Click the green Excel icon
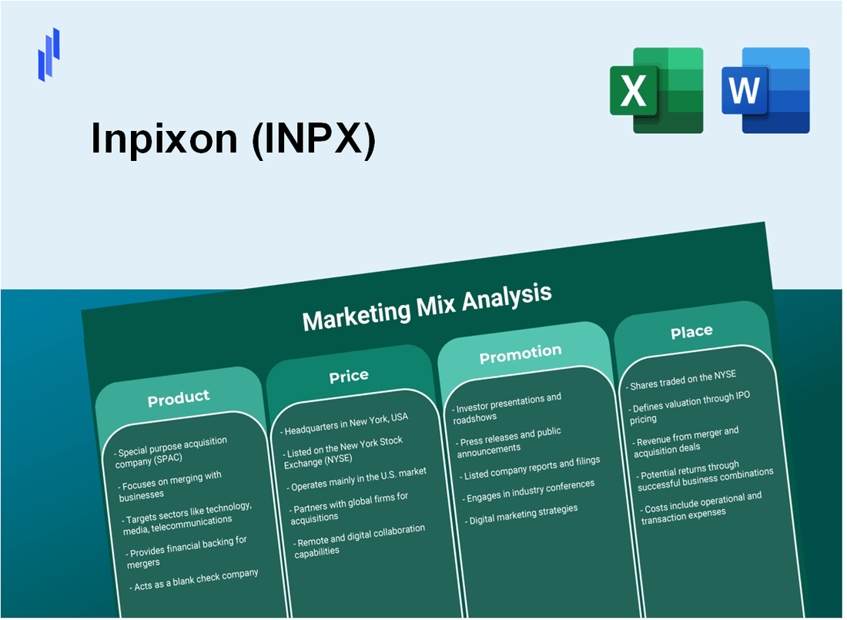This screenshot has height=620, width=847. pos(656,90)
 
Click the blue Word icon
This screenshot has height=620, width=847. pos(765,90)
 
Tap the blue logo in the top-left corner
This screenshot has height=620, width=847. pos(49,54)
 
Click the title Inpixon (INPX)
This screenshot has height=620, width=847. pos(233,139)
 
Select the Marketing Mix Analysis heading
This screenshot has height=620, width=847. pos(427,306)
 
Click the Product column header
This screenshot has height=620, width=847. pos(179,397)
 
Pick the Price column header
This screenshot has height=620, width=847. pos(349,376)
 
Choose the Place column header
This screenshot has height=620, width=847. pos(691,331)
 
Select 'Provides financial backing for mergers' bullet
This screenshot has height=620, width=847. pos(188,551)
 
